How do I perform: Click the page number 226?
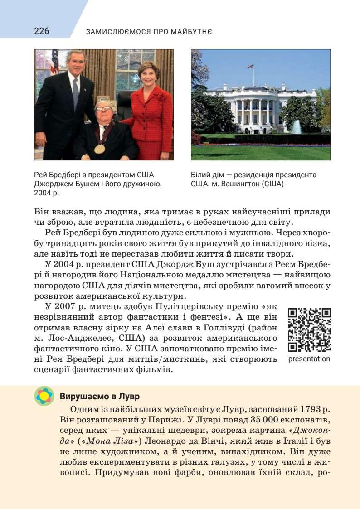point(42,31)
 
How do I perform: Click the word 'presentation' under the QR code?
point(309,359)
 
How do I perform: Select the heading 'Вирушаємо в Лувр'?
point(99,396)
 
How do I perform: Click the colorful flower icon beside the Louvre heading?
point(44,396)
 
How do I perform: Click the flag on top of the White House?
point(250,67)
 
